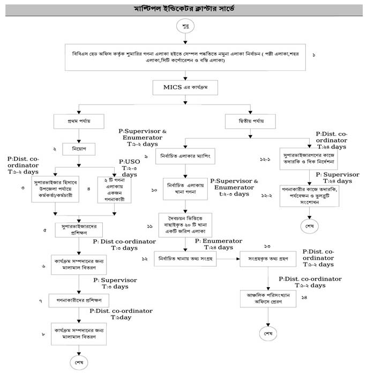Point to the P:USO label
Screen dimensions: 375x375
coord(129,161)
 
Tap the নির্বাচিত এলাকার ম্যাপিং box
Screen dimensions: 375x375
coord(185,158)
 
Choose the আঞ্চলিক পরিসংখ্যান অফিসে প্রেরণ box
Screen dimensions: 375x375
coord(268,298)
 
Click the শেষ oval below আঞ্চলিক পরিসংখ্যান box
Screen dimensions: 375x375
coord(268,333)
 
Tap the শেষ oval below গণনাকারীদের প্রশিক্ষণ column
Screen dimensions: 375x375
coord(79,360)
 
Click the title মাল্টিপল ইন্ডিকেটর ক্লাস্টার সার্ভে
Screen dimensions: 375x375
coord(184,9)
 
